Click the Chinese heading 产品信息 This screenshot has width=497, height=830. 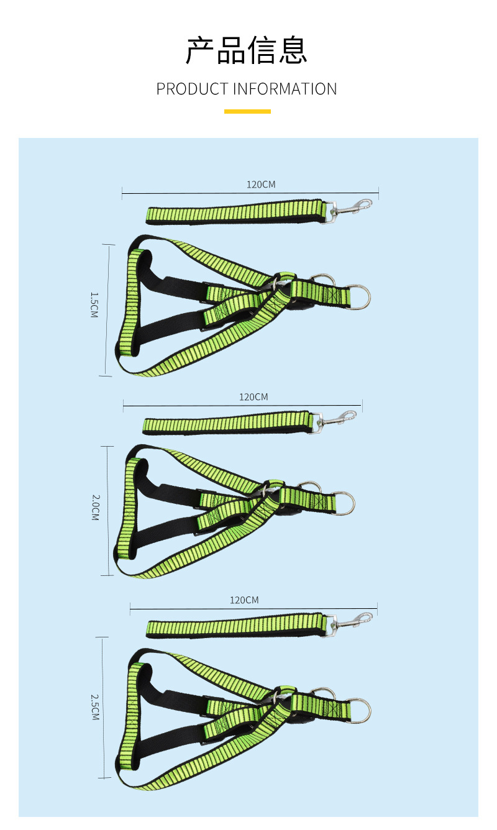point(247,50)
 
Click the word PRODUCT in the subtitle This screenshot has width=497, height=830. point(192,89)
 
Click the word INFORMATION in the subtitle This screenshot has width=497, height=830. point(285,89)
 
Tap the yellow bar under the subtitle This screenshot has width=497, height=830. point(247,111)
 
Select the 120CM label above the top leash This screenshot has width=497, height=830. point(261,185)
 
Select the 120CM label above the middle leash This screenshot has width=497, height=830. point(253,397)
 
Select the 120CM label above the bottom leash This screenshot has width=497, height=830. point(244,600)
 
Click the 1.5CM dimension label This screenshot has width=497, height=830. point(94,305)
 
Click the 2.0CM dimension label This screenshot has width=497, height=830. point(96,508)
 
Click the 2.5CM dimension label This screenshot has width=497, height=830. point(95,707)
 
